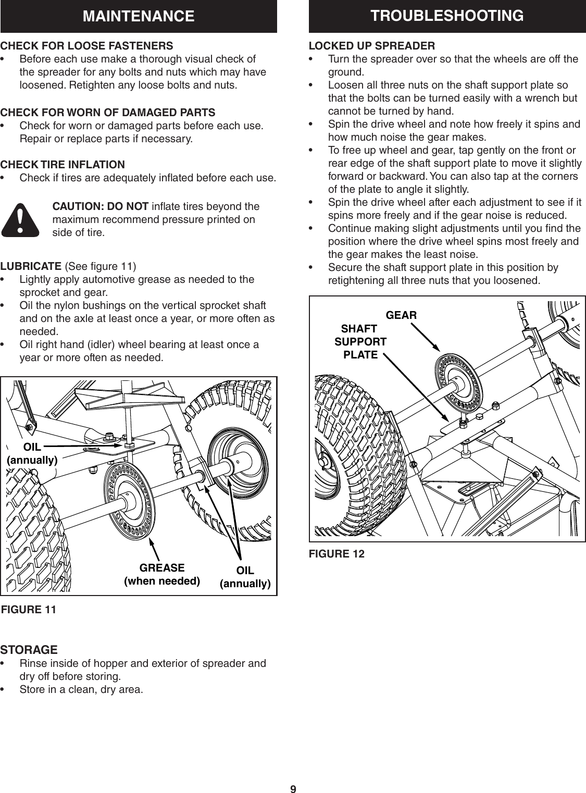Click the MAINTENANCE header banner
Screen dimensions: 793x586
point(139,17)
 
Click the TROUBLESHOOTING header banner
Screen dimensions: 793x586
point(447,16)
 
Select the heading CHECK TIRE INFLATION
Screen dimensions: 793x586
point(63,165)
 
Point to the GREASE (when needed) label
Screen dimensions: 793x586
point(161,574)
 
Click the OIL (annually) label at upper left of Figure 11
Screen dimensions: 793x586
point(32,453)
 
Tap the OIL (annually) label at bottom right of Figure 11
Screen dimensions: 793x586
point(245,577)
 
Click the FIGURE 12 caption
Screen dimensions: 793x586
point(336,554)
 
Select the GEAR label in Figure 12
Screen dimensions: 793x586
point(401,315)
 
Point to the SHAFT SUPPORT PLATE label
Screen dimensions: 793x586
point(360,342)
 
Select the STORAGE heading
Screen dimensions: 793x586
point(29,650)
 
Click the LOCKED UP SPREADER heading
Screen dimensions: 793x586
point(372,45)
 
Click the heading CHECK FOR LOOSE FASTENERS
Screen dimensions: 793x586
point(87,45)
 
